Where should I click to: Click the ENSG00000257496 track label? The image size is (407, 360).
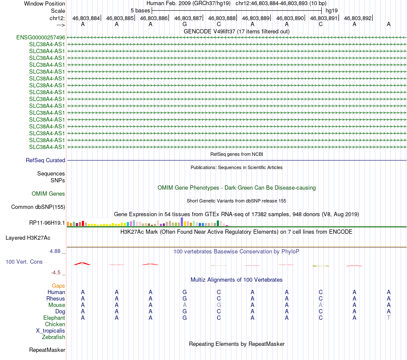pos(41,37)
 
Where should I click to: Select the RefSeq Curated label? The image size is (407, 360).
pos(45,160)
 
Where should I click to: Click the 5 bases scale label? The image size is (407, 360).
pos(140,10)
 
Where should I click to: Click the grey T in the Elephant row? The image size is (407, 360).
pos(389,318)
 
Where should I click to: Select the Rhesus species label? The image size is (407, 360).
pos(56,298)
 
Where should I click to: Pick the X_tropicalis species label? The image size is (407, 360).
pos(51,330)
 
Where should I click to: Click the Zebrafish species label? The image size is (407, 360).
pos(54,337)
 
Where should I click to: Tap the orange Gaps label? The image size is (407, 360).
pos(58,286)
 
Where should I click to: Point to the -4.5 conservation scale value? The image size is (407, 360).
pos(57,272)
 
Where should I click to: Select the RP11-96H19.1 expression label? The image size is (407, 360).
pos(47,223)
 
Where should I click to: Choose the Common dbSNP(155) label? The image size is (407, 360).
pos(38,207)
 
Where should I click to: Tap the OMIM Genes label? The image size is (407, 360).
pos(48,194)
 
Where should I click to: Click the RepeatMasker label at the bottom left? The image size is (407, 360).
pos(47,350)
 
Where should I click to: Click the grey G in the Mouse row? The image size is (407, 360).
pos(218,305)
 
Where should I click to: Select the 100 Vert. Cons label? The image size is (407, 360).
pos(24,262)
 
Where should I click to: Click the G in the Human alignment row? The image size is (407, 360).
pos(185,292)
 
